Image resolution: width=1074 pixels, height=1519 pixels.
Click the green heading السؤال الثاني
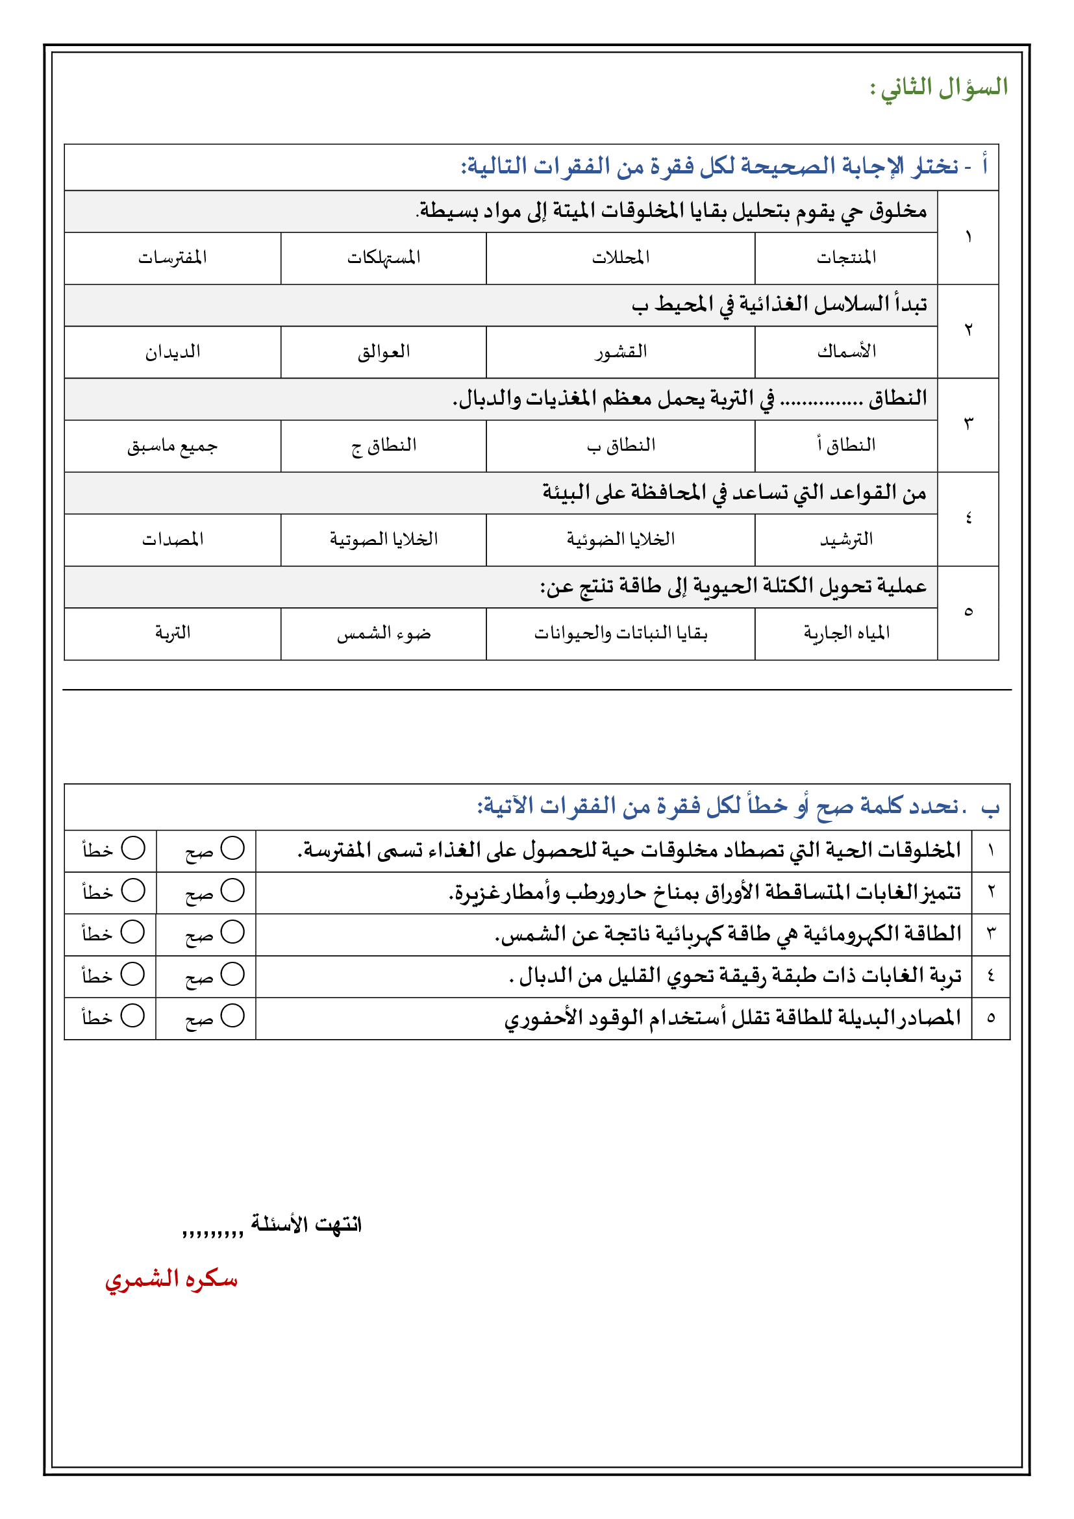[939, 87]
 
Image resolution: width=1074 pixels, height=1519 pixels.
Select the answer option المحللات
[620, 257]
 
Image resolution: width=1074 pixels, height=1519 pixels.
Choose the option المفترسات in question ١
[173, 257]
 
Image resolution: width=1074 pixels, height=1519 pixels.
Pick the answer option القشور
[620, 352]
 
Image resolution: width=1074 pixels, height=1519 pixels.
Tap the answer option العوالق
[384, 352]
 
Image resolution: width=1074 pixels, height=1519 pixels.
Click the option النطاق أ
[846, 446]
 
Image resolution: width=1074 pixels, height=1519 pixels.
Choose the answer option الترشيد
[846, 540]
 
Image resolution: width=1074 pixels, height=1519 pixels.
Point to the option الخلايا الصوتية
[384, 540]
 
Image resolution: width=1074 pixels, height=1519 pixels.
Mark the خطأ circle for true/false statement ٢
[133, 890]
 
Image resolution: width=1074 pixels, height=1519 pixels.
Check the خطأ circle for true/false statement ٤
[133, 974]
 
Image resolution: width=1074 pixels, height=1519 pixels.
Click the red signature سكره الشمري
[171, 1279]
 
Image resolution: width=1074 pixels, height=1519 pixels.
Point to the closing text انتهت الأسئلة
[306, 1225]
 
